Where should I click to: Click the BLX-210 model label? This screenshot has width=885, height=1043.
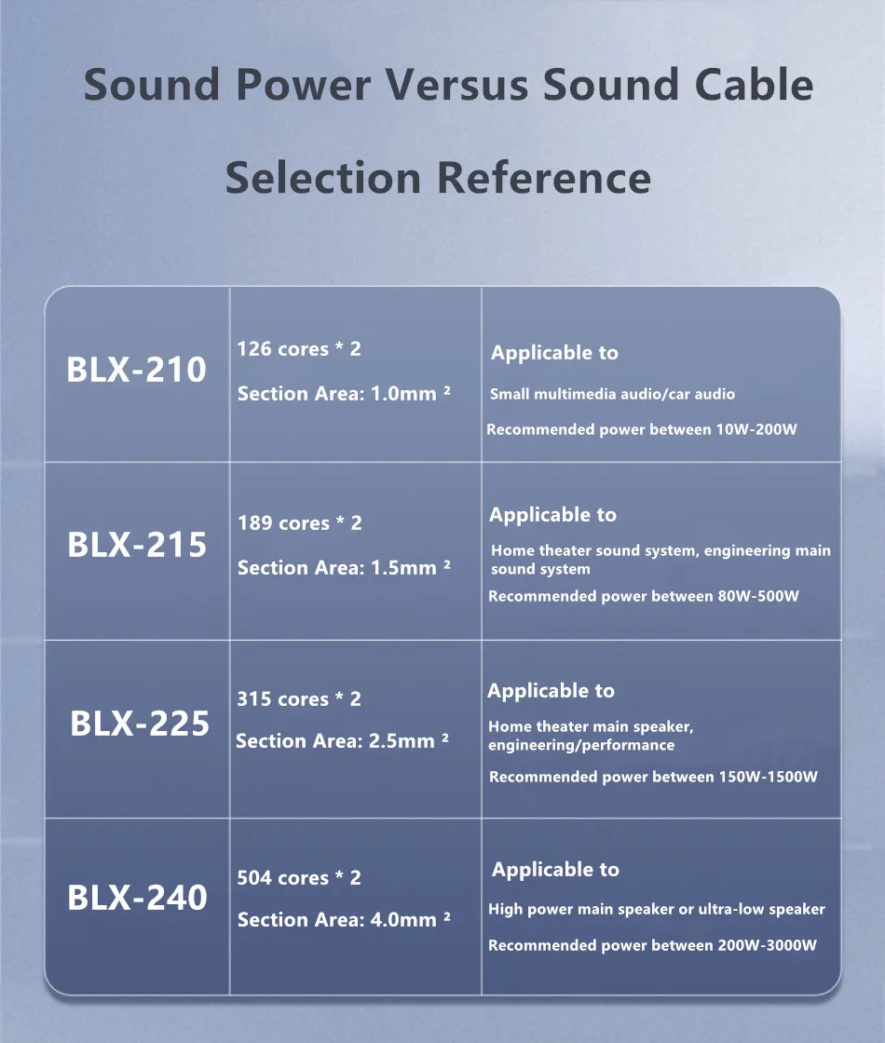137,371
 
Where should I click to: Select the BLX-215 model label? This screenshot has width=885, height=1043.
137,545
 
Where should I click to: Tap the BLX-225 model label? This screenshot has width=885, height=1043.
140,724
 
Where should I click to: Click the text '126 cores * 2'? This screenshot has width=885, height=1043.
299,349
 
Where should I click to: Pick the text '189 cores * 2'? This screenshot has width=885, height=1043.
299,523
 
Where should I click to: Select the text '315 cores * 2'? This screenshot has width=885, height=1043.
298,699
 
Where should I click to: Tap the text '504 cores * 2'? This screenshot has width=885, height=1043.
299,878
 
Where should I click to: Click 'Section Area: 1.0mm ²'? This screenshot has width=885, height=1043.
344,394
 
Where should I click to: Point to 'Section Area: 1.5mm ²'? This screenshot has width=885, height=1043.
344,568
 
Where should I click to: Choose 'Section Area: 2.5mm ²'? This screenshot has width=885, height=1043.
342,741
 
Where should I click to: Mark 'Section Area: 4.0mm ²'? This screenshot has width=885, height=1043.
344,920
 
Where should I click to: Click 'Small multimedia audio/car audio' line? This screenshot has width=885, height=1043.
612,395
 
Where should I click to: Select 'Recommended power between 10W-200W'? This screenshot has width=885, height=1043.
642,430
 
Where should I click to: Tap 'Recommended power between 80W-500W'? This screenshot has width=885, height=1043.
644,597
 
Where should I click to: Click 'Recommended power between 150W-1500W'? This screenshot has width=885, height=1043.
653,778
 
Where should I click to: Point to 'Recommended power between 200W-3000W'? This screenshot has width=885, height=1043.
652,946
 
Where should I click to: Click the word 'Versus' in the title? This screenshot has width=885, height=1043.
456,86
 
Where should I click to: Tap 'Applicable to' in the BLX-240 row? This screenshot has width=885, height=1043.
555,870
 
